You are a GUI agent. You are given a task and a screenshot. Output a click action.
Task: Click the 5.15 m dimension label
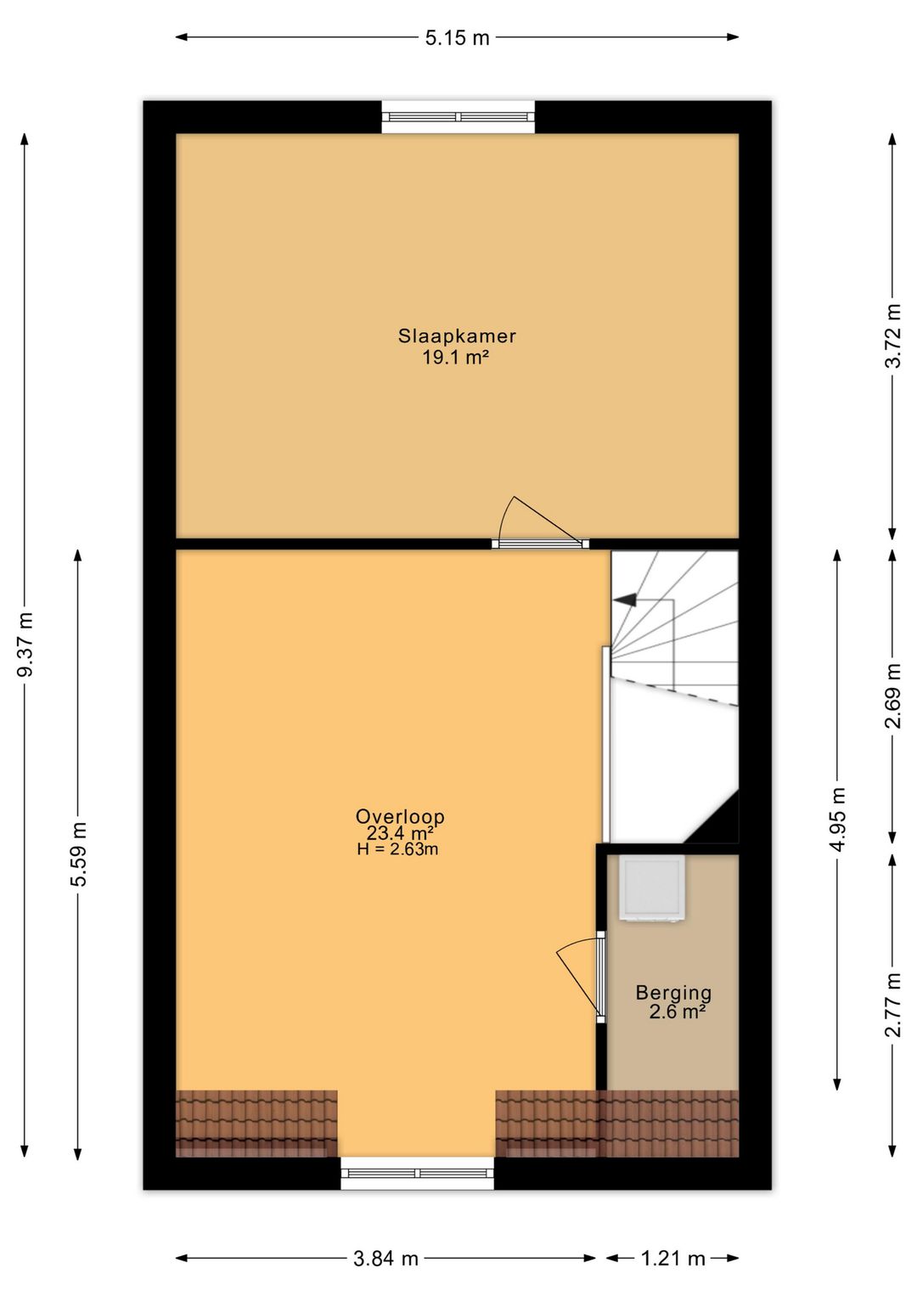(457, 37)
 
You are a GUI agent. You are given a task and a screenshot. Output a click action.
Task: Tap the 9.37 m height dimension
(25, 644)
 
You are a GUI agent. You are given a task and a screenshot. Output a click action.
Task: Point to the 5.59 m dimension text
(79, 854)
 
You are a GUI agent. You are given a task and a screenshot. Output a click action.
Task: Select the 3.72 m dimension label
(894, 335)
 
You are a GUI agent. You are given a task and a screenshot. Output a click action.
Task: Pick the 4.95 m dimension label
(838, 819)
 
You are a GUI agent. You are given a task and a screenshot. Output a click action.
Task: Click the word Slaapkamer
(457, 336)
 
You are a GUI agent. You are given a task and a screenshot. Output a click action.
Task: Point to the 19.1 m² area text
(457, 358)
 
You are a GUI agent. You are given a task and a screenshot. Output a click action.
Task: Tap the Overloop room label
(401, 816)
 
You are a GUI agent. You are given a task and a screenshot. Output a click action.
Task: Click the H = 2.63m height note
(398, 849)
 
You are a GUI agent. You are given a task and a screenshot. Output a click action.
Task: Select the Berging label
(673, 993)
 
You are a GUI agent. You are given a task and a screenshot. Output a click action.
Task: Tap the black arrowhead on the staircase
(625, 600)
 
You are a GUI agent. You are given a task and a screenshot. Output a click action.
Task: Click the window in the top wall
(458, 117)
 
